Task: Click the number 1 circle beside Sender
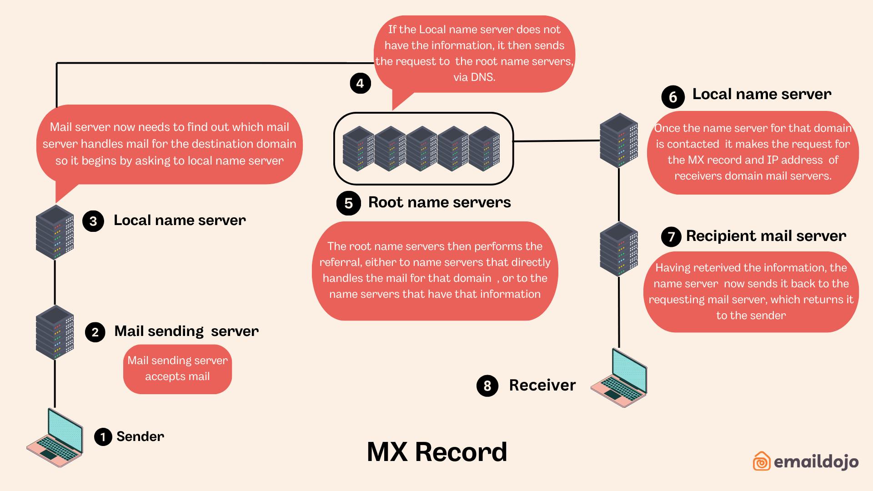point(103,437)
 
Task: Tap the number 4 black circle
point(360,84)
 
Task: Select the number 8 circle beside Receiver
point(487,386)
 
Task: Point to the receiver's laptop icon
point(619,378)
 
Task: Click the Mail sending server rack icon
point(55,333)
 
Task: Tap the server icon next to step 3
point(55,232)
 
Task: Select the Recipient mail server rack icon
point(619,249)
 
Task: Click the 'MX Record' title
point(436,452)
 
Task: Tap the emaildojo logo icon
point(762,461)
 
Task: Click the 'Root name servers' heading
point(439,202)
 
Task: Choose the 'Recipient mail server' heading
point(766,236)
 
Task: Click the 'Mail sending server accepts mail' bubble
point(177,369)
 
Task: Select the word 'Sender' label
point(140,436)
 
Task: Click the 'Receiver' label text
point(542,385)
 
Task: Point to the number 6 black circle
point(673,97)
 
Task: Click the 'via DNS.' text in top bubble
point(474,77)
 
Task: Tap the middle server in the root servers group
point(421,149)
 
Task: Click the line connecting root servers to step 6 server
point(557,141)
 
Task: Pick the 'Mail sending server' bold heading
point(186,331)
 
